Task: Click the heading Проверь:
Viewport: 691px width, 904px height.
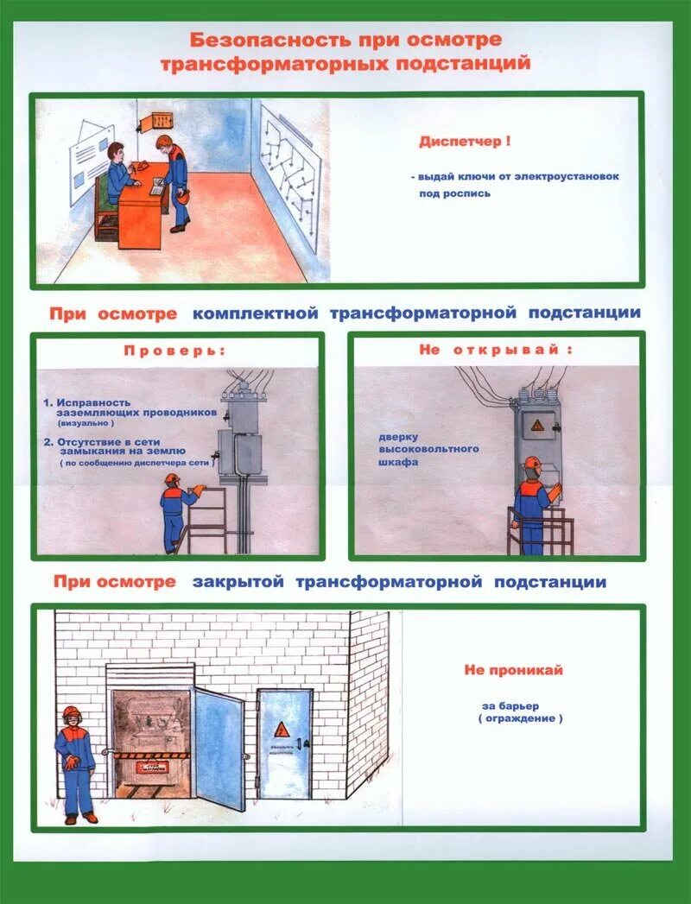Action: pos(174,351)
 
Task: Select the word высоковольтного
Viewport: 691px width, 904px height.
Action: pos(428,449)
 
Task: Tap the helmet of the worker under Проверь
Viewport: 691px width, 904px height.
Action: pos(172,478)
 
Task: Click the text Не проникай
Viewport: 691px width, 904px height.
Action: pos(513,670)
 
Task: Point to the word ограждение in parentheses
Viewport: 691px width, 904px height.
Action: pos(520,718)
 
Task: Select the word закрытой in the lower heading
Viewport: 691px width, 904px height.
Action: pos(238,582)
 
